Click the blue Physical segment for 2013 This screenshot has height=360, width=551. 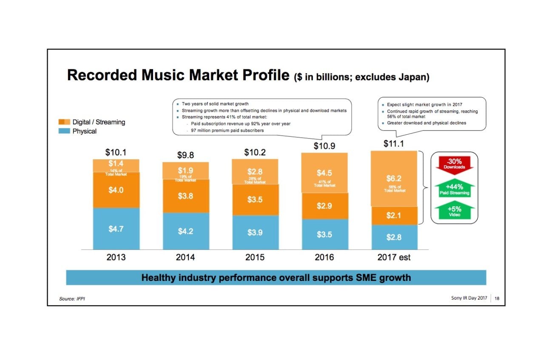click(116, 229)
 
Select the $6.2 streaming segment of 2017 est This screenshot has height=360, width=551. click(394, 179)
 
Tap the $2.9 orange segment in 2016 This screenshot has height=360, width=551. click(324, 206)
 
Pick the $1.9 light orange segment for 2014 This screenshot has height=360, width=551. click(185, 171)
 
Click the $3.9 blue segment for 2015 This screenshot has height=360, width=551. click(255, 232)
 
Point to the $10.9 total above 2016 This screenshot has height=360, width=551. click(324, 146)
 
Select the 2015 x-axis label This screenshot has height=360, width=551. click(255, 257)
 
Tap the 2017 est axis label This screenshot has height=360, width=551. click(394, 257)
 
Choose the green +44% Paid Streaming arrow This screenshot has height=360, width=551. click(454, 189)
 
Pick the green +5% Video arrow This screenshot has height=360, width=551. click(454, 211)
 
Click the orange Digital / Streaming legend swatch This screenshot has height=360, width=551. click(64, 122)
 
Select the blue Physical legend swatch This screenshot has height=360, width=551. click(64, 131)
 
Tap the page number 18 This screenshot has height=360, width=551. click(497, 298)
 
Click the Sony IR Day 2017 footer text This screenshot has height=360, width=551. click(469, 298)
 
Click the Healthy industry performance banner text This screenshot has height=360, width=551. click(276, 278)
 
